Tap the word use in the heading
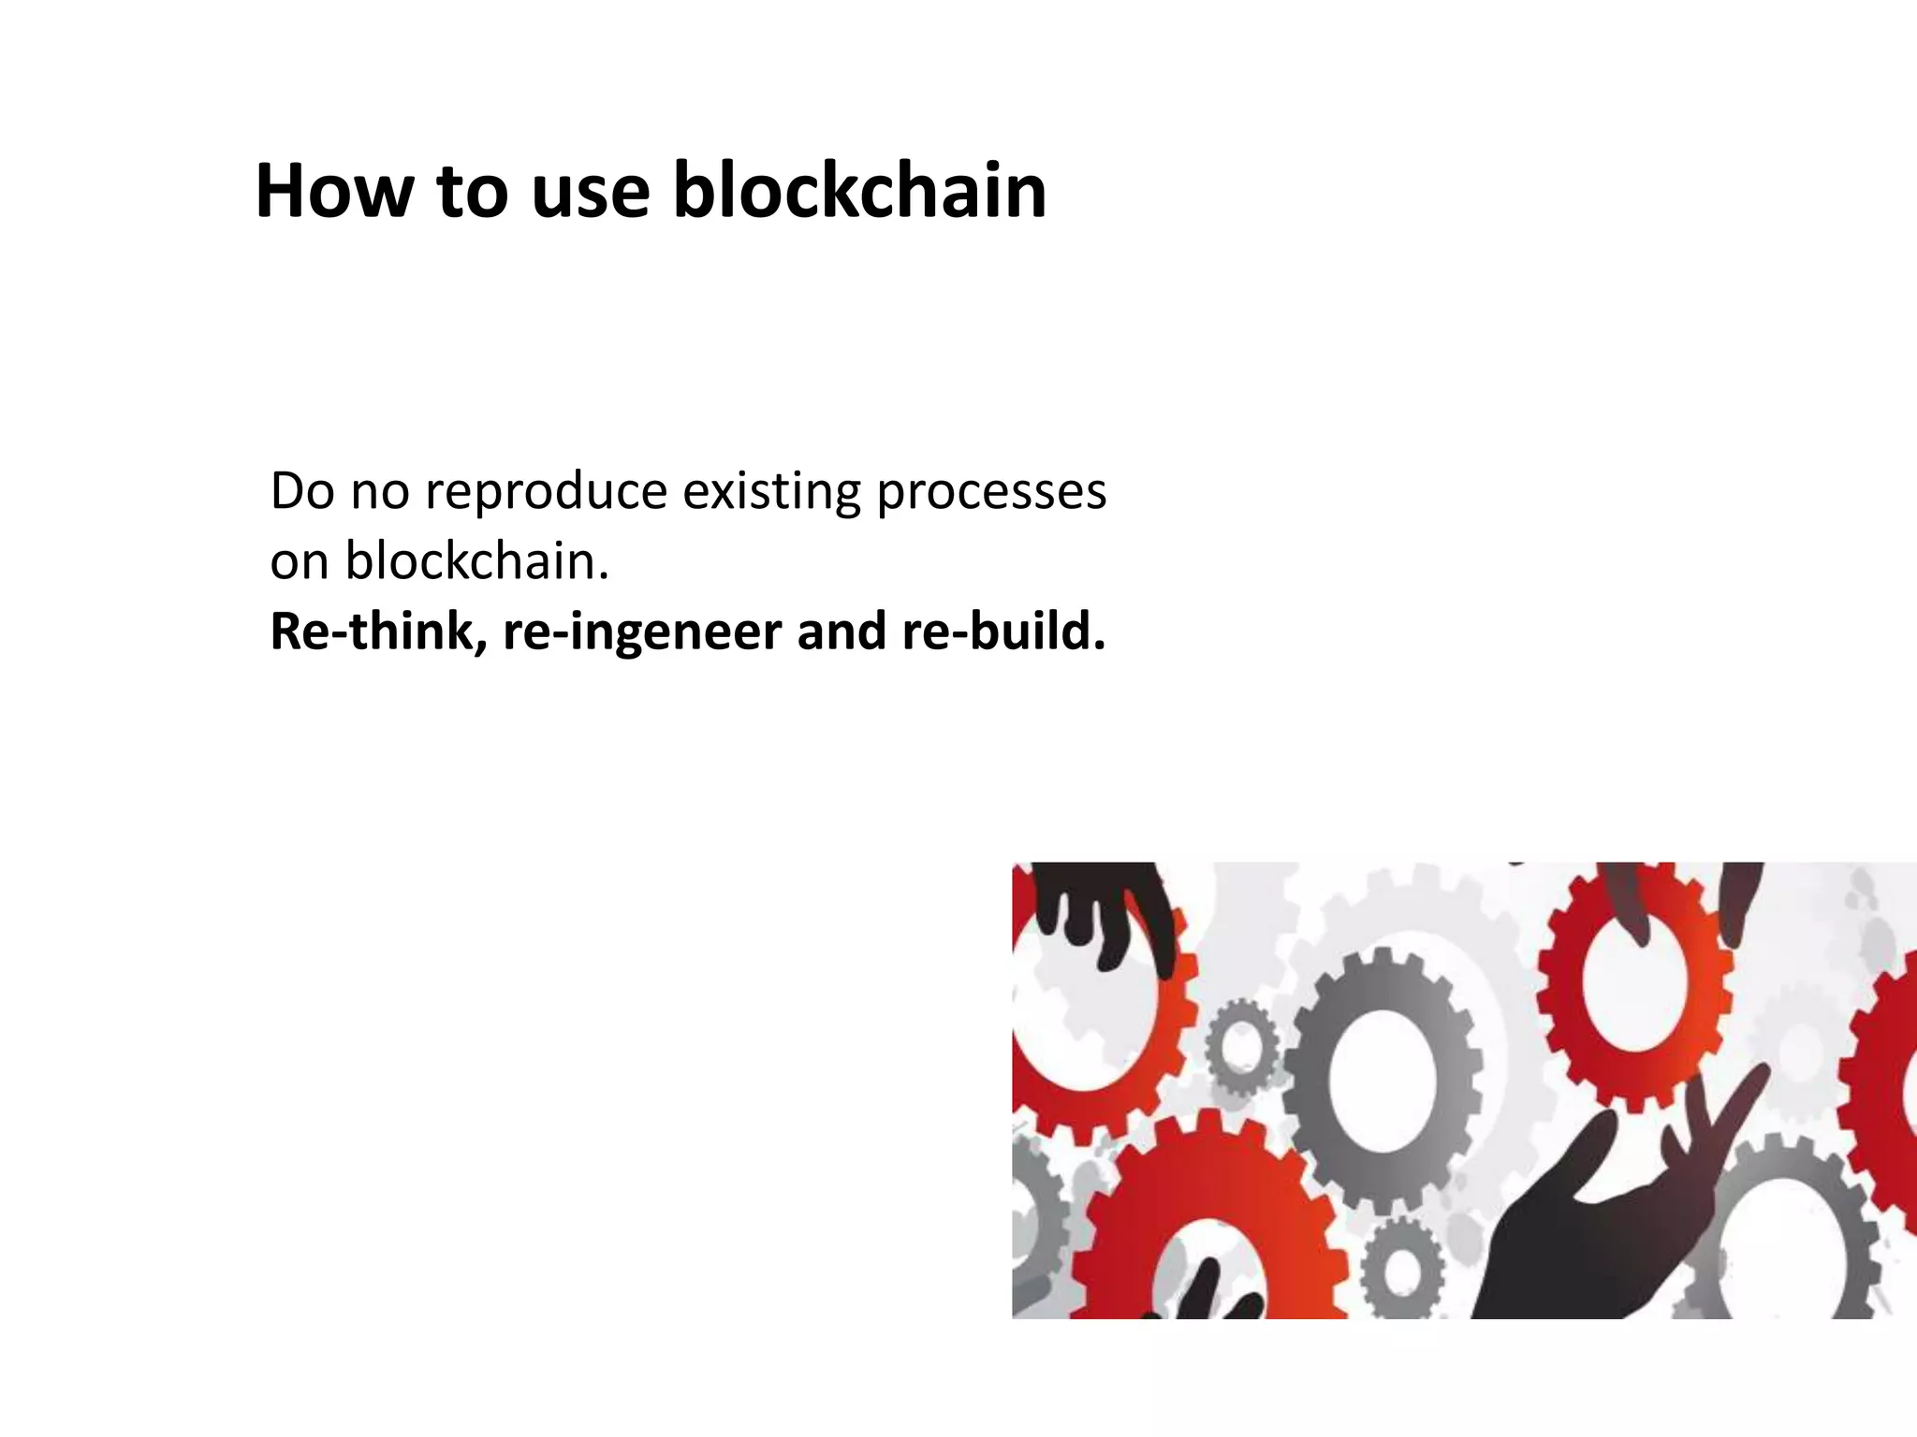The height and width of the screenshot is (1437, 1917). [x=590, y=193]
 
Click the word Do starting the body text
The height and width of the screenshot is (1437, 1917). [x=301, y=491]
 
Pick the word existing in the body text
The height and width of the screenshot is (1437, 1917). [x=771, y=493]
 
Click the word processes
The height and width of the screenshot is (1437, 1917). [x=991, y=493]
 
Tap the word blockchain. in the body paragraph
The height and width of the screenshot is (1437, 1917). [x=477, y=561]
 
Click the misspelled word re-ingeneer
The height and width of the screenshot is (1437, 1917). [x=642, y=632]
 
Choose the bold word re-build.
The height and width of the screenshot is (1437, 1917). [x=1003, y=631]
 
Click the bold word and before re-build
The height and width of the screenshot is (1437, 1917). [x=841, y=631]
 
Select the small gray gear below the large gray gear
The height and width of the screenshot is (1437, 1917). [x=1403, y=1270]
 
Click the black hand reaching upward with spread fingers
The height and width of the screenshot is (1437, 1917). [x=1610, y=1216]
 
